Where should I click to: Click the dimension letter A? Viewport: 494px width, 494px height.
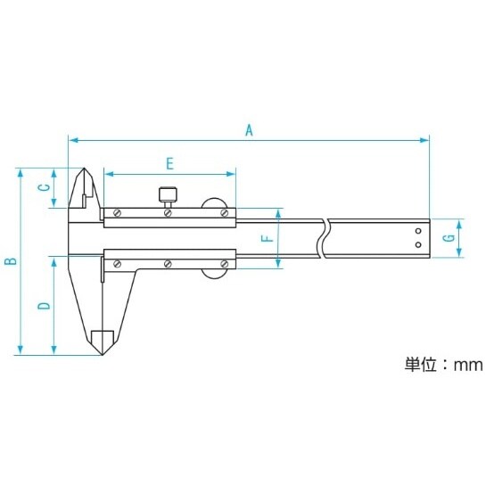[x=251, y=130]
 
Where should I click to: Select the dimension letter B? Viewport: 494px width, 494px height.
[x=11, y=261]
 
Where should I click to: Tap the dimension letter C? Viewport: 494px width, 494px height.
[x=42, y=187]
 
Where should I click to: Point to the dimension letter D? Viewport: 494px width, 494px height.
[x=42, y=306]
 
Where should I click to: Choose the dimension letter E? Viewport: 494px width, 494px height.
[x=169, y=162]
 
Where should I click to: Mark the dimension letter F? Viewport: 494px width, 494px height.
[x=264, y=239]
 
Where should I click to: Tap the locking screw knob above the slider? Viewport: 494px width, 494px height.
[x=168, y=193]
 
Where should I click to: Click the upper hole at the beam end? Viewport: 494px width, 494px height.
[x=417, y=232]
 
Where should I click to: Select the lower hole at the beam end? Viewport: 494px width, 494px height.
[x=417, y=244]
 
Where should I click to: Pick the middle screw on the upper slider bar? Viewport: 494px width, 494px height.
[x=168, y=212]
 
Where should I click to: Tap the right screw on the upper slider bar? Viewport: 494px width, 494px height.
[x=223, y=212]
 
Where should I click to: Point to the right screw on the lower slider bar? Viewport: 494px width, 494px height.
[x=223, y=264]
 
